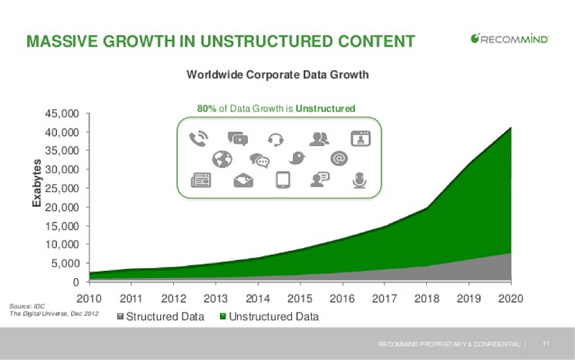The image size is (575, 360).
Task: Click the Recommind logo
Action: coord(510,39)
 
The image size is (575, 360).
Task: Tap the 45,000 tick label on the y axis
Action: coord(62,114)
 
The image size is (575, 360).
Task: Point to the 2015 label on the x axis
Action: coord(300,298)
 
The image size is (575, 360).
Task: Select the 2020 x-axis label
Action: coord(510,298)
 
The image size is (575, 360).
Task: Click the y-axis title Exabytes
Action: coord(37,183)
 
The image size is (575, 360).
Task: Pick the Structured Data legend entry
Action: coord(160,316)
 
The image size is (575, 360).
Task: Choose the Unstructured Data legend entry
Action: coord(269,316)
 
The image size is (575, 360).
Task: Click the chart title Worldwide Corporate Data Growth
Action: coord(277,75)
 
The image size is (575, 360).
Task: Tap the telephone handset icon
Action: coord(199,139)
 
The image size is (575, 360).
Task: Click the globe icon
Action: coord(222,159)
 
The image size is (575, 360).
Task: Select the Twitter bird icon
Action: coord(297,158)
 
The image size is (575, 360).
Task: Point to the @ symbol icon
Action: coord(339,158)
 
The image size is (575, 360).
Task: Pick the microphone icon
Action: coord(359,180)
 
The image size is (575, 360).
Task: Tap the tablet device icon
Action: coord(282,180)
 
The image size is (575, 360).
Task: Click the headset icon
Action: coord(276,139)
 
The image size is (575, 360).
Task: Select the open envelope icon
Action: coord(243,180)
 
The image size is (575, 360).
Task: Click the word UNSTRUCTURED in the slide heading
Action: coord(267,41)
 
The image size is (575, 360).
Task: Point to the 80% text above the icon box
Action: coord(207,109)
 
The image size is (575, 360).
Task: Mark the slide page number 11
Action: coord(546,343)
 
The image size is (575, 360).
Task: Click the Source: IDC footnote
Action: coord(27,306)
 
